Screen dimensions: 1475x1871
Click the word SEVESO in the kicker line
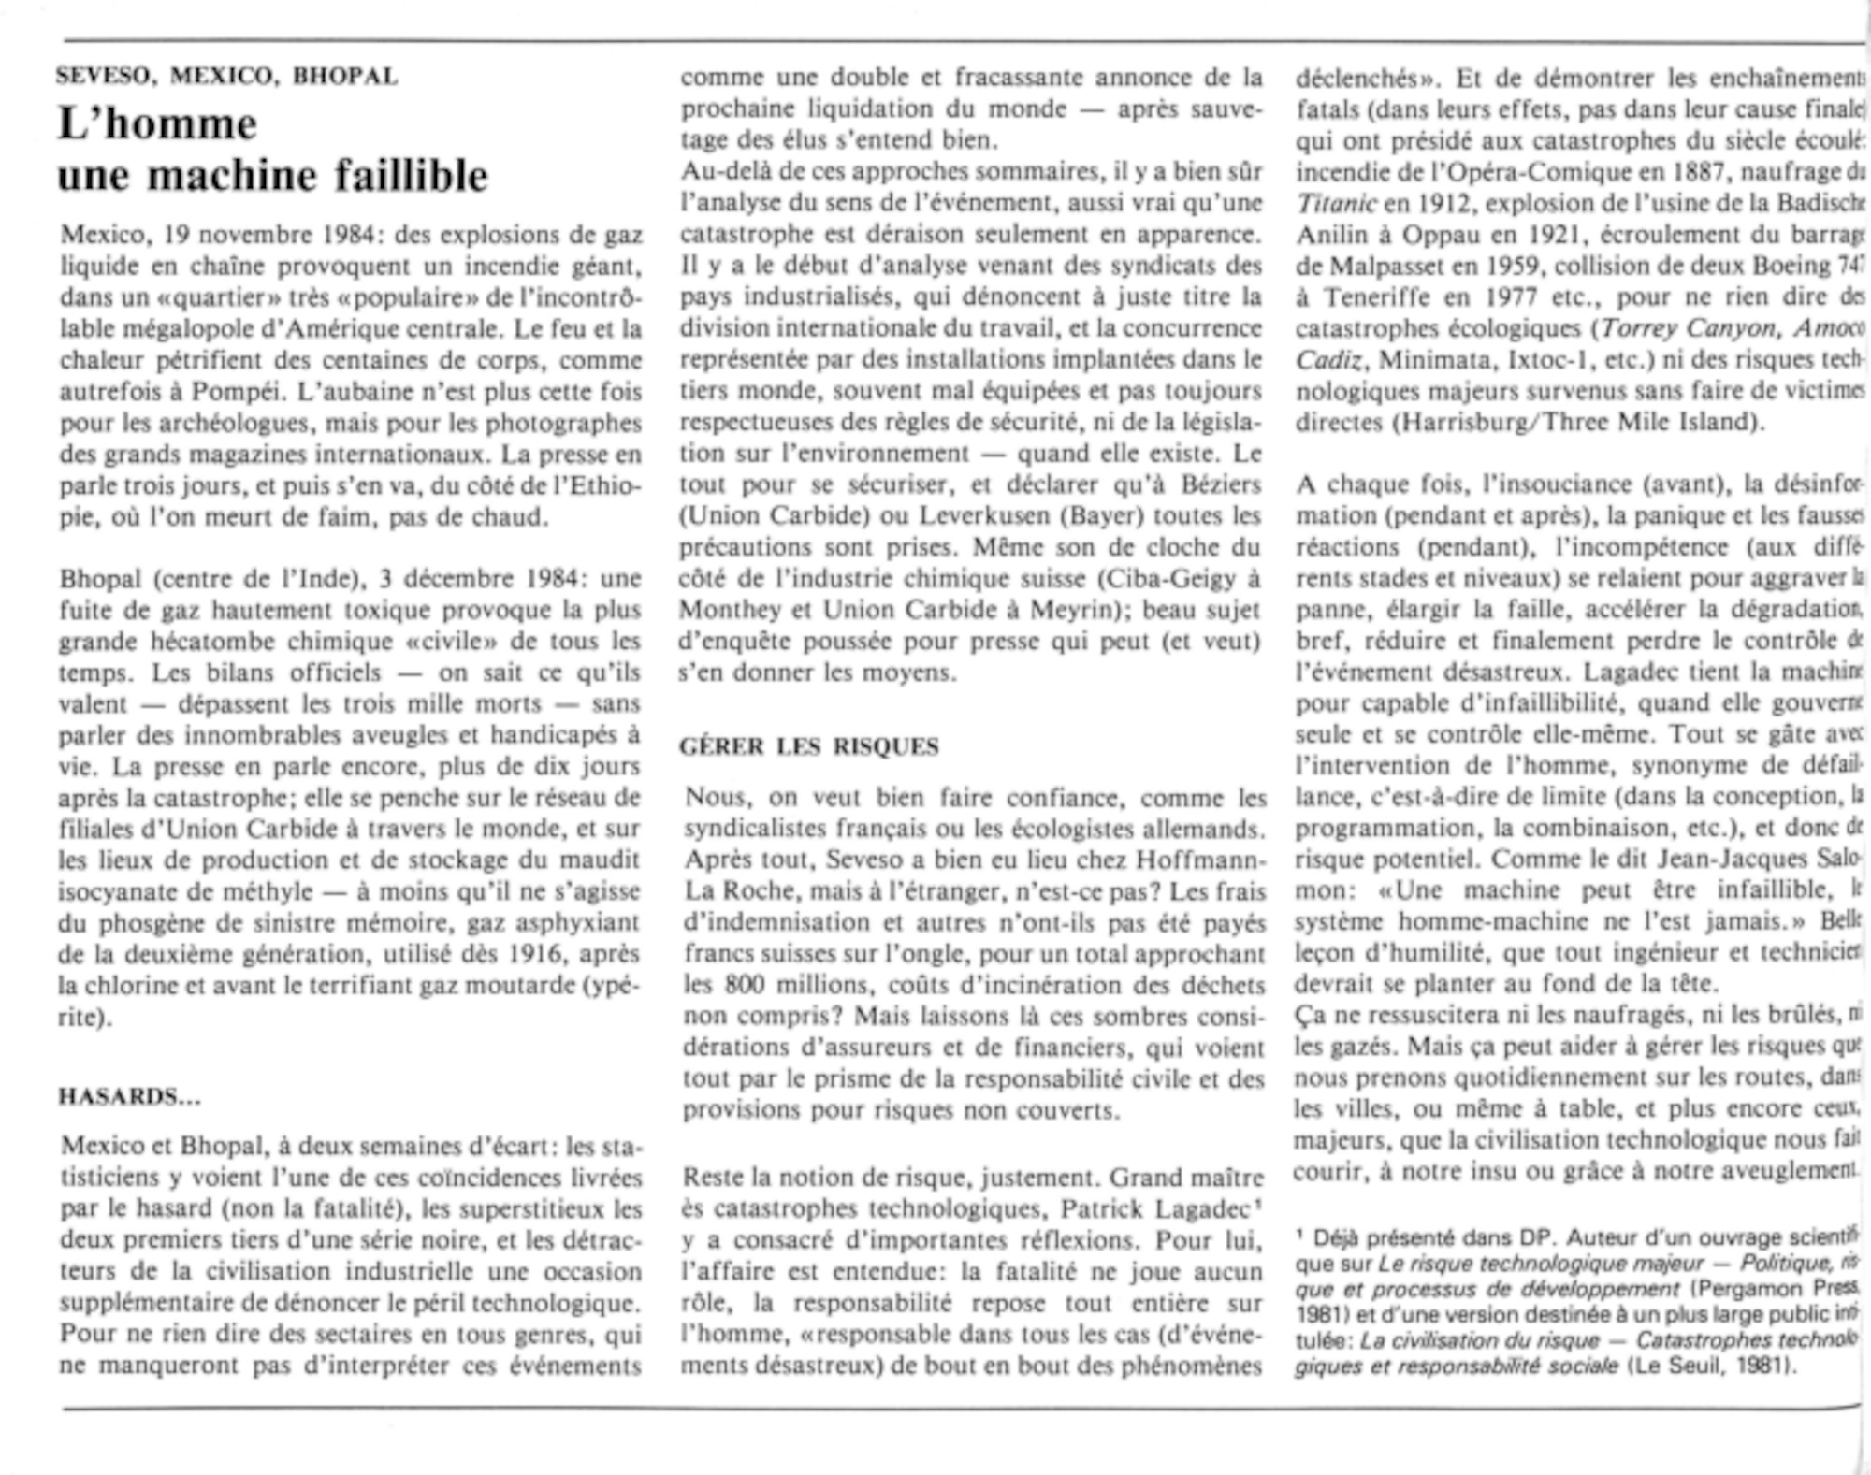tap(104, 77)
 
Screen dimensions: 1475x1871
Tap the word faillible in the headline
tap(411, 175)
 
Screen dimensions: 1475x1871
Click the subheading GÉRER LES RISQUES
tap(808, 746)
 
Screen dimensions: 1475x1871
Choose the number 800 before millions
tap(737, 985)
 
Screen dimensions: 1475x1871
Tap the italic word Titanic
tap(1337, 204)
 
